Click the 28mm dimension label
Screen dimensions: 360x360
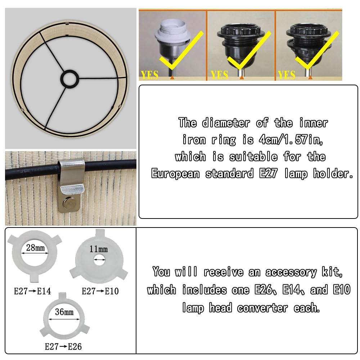point(35,248)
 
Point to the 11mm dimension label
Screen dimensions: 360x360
point(99,249)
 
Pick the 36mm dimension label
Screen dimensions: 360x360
point(64,312)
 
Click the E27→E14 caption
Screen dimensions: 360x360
point(32,291)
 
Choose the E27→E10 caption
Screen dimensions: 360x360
point(100,291)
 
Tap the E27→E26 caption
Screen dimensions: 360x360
point(63,346)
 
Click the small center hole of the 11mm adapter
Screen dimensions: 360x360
point(99,260)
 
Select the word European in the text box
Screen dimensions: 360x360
point(175,174)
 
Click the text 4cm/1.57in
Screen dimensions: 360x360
point(291,139)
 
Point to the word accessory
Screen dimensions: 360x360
point(291,272)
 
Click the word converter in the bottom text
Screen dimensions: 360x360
point(262,308)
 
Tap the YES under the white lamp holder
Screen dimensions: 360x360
point(150,75)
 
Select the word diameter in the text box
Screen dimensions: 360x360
point(226,123)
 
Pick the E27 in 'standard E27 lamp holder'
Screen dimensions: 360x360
point(269,174)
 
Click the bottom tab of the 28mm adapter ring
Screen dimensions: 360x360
point(34,278)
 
